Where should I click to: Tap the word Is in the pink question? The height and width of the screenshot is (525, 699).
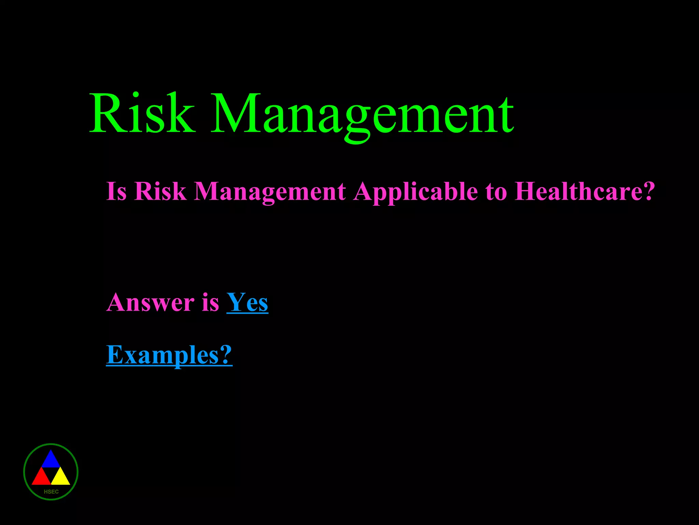pyautogui.click(x=116, y=191)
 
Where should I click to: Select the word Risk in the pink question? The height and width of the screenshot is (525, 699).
pyautogui.click(x=160, y=191)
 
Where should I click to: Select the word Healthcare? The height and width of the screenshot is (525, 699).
pyautogui.click(x=577, y=191)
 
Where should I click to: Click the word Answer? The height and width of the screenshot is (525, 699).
pyautogui.click(x=150, y=303)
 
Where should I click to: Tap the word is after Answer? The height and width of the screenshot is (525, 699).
pyautogui.click(x=210, y=303)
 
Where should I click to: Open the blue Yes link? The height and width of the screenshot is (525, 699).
pyautogui.click(x=247, y=303)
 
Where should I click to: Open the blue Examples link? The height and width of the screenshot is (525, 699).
pyautogui.click(x=162, y=355)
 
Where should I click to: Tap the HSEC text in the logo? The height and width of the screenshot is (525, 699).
pyautogui.click(x=51, y=492)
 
